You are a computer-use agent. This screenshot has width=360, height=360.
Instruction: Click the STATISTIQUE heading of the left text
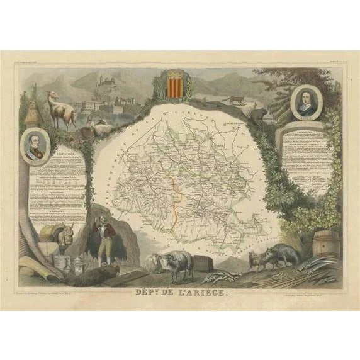click(46, 169)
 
